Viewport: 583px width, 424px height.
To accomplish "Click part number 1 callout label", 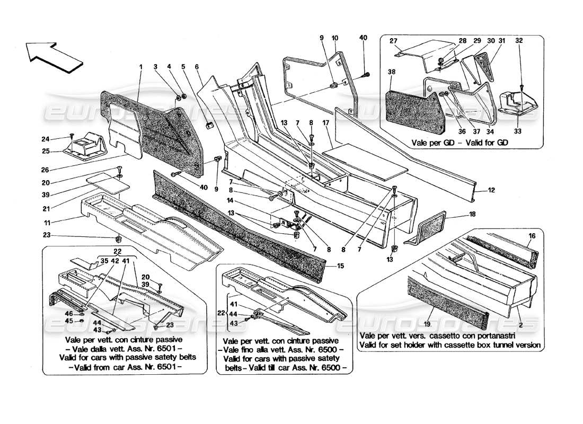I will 141,67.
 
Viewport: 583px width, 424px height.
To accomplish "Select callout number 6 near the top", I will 197,67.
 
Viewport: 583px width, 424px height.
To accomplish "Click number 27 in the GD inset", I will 393,41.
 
